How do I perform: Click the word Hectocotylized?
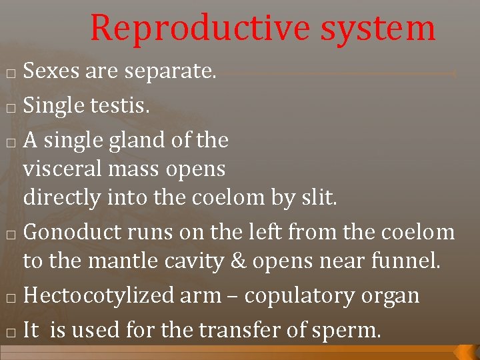[99, 296]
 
